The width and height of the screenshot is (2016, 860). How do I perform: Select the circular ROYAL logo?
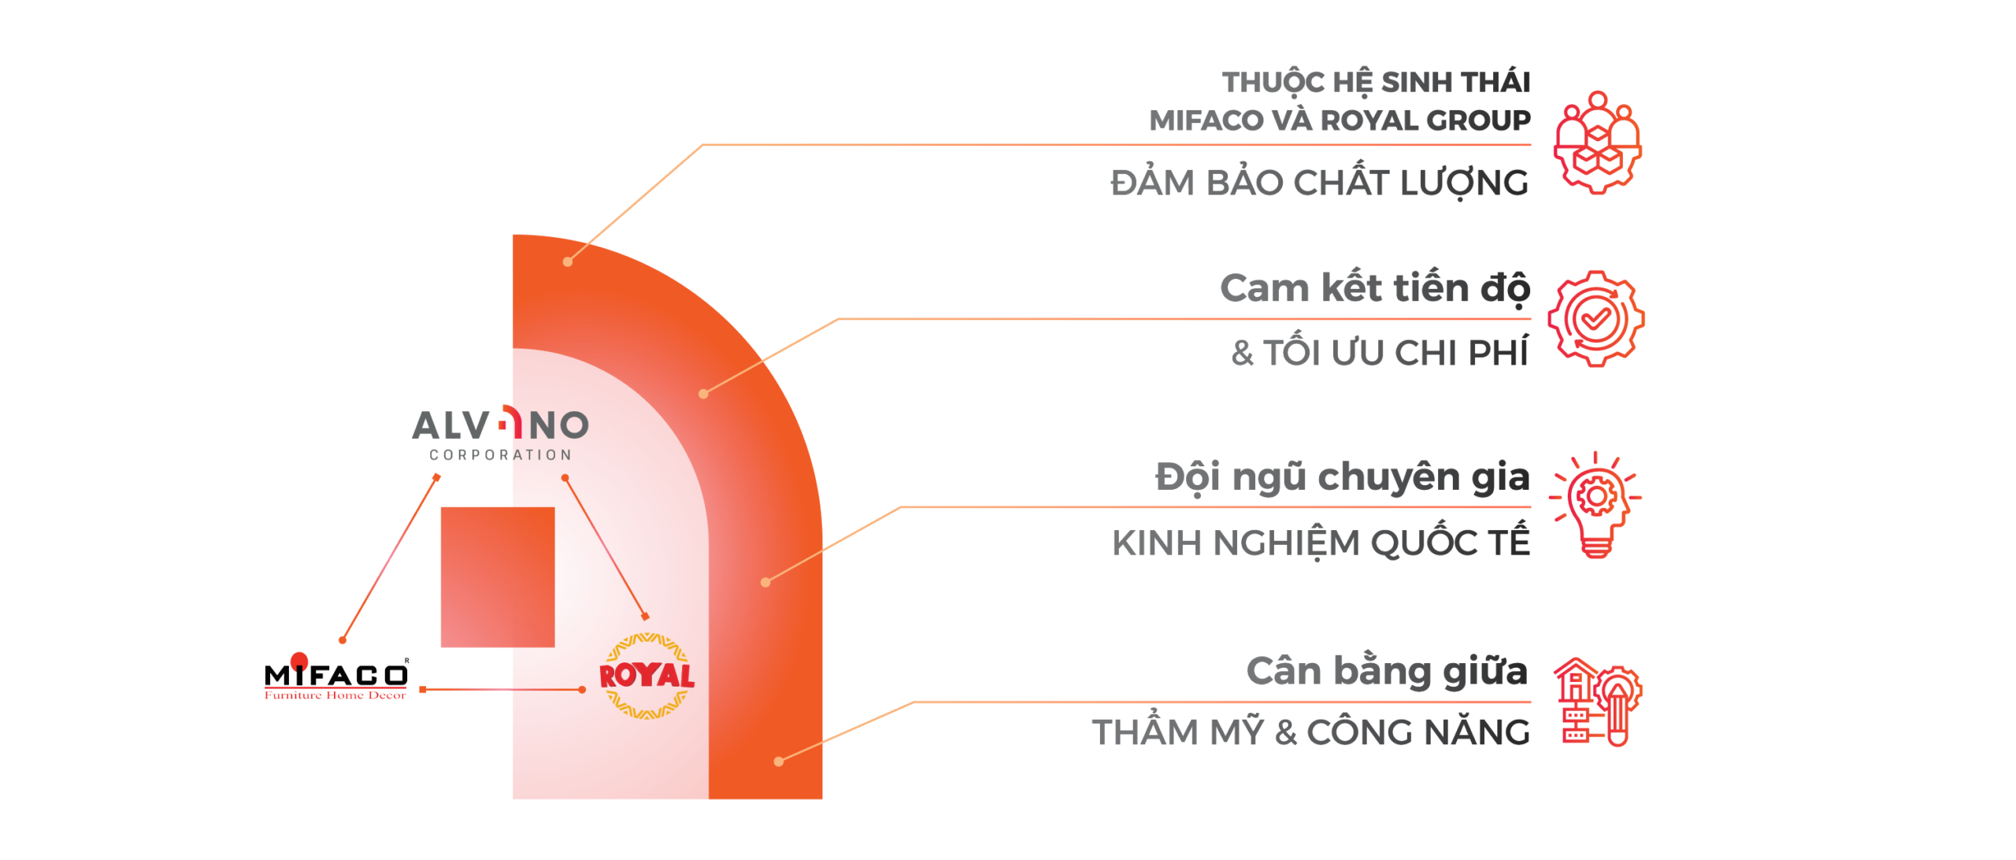pos(647,677)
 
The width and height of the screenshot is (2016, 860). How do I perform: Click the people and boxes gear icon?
pos(1597,143)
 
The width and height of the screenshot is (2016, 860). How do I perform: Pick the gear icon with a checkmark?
pos(1596,318)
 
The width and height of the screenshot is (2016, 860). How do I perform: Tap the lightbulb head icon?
pos(1595,505)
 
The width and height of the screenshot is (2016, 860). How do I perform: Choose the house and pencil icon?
pos(1597,702)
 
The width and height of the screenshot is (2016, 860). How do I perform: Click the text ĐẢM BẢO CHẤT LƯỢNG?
pos(1320,183)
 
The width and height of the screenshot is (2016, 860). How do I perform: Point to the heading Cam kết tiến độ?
pos(1375,288)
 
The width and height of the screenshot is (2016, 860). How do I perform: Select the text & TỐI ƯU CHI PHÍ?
pos(1380,353)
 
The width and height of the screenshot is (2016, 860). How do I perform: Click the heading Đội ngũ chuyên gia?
pos(1343,477)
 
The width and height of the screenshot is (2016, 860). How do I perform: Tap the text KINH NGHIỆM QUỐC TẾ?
pos(1321,543)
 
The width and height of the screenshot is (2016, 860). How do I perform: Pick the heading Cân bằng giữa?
pos(1387,671)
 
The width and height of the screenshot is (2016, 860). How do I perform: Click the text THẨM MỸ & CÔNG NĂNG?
pos(1311,732)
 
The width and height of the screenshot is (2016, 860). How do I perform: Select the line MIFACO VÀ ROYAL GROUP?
pos(1340,120)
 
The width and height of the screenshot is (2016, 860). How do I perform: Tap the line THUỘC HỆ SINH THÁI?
pos(1376,82)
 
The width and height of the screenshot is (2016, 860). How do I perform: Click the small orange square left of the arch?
pos(497,576)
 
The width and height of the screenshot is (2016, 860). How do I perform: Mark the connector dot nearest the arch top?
pos(568,261)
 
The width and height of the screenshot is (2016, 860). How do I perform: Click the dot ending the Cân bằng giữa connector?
pos(779,761)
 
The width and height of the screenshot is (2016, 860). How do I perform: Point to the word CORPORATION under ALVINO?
pos(500,454)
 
